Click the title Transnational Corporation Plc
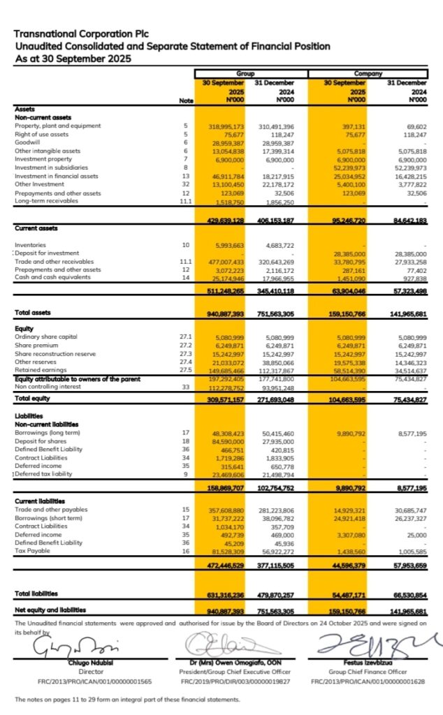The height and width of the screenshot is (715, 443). click(x=82, y=33)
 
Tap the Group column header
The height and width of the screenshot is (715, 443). click(x=245, y=73)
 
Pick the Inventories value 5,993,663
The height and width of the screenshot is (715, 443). click(x=228, y=245)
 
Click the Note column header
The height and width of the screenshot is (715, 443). click(x=186, y=101)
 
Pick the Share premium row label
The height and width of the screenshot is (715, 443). click(x=36, y=346)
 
